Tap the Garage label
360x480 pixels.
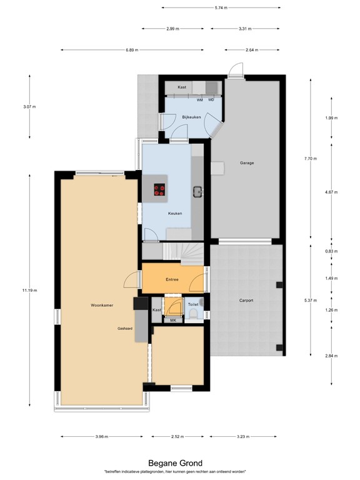[x=247, y=162]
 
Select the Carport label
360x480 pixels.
[x=246, y=301]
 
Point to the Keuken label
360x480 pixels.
[x=175, y=214]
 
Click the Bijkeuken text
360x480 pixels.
[x=191, y=117]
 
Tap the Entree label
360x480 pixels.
[x=172, y=279]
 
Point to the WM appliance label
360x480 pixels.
[x=199, y=100]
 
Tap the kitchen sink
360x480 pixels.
[x=197, y=191]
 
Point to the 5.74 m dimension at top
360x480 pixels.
[x=220, y=7]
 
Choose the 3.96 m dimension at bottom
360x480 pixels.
[x=102, y=436]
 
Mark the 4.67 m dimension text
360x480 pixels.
[x=331, y=193]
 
